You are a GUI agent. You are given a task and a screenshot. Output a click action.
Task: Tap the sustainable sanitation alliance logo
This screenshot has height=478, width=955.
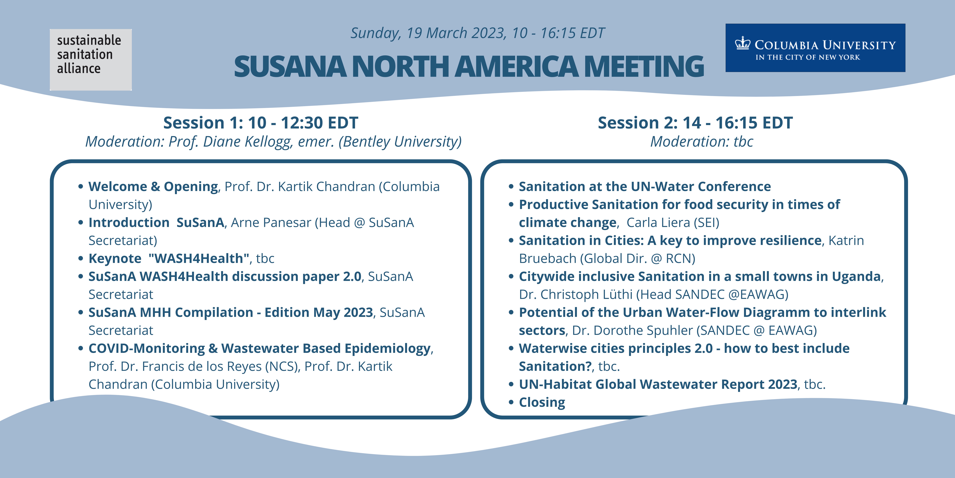point(91,60)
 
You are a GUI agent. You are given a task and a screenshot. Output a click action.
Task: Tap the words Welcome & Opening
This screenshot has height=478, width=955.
point(153,187)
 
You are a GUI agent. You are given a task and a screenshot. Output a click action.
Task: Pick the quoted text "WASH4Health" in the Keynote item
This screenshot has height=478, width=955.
point(199,258)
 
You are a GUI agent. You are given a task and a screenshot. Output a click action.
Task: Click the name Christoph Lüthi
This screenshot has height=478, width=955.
point(587,294)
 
